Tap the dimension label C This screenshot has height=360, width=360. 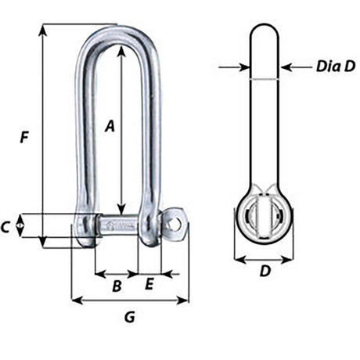tap(7, 228)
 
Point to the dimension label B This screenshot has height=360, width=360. tap(116, 286)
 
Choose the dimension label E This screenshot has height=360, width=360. tap(149, 284)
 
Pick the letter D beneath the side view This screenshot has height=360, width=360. tap(265, 272)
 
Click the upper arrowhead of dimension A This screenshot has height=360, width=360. tap(121, 49)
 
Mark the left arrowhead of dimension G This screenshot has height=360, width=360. tap(75, 300)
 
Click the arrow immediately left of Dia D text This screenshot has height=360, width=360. tap(286, 68)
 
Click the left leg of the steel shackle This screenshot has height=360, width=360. tap(85, 133)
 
